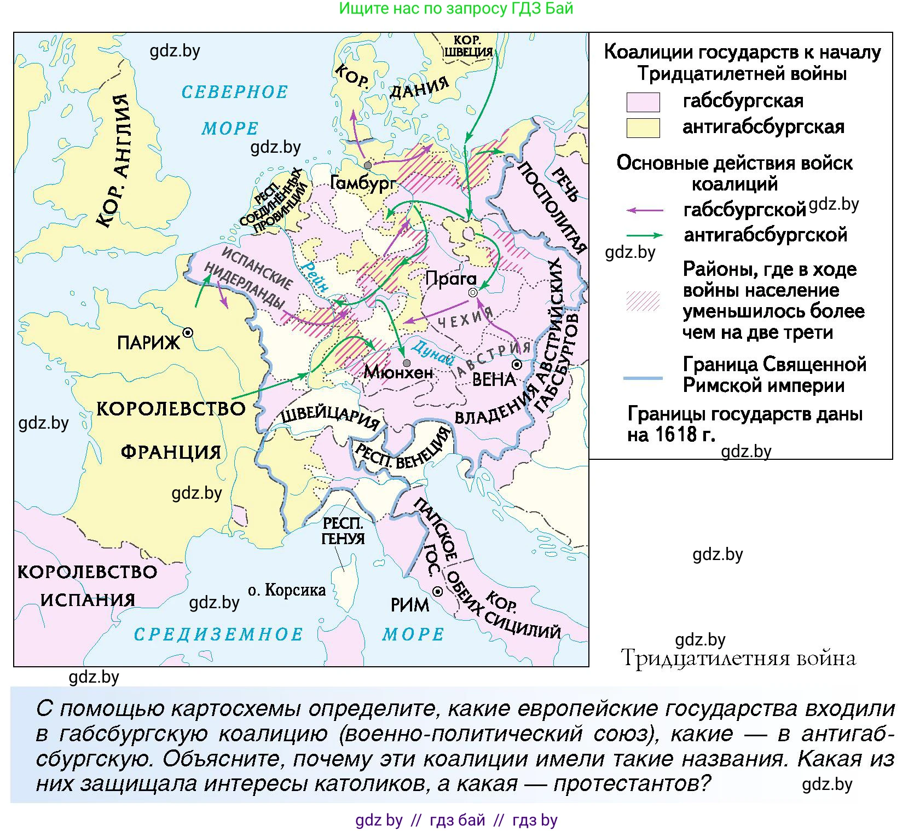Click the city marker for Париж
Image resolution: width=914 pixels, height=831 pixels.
[x=188, y=332]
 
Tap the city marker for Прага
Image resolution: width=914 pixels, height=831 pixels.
[x=473, y=293]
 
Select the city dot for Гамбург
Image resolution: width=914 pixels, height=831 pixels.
[x=368, y=165]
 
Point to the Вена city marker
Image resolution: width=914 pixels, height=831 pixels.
[x=517, y=365]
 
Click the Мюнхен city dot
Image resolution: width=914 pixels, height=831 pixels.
[x=406, y=363]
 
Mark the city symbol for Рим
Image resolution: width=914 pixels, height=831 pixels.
[x=437, y=592]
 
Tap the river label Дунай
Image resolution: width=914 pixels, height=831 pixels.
[x=433, y=353]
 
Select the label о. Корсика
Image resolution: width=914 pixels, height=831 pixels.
[x=287, y=590]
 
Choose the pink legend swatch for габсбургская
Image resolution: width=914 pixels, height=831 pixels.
[x=643, y=102]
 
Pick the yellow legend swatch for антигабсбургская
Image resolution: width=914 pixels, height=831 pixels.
[x=643, y=128]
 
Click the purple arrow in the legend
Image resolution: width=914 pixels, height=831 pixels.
[x=644, y=210]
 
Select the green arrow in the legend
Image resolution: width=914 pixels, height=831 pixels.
[x=644, y=235]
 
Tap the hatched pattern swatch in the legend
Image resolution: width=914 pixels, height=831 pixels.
[x=643, y=301]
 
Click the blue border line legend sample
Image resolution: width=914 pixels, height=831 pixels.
[x=643, y=378]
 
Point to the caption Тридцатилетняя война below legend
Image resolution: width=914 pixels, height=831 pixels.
[x=738, y=658]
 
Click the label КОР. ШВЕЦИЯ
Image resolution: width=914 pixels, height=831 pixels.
[x=468, y=47]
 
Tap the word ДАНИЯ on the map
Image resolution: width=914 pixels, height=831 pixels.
[x=419, y=88]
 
